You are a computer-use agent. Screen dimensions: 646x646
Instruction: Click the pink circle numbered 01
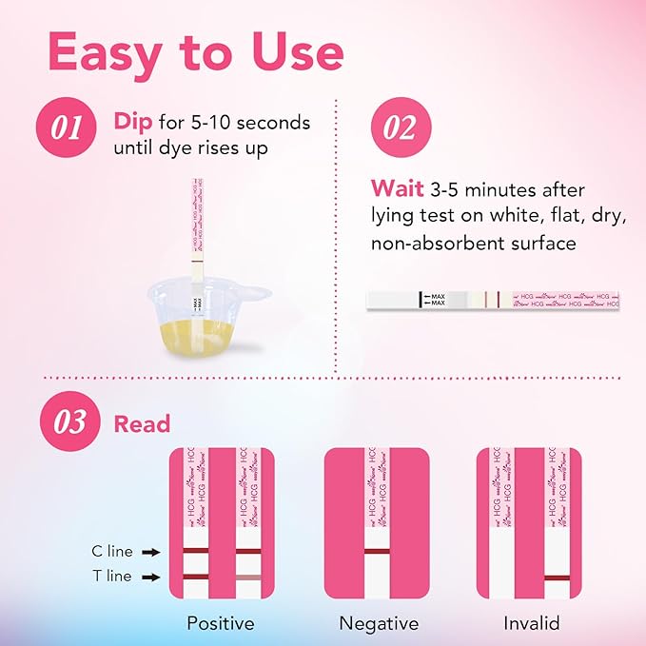point(68,128)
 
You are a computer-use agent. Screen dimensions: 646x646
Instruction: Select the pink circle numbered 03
point(68,422)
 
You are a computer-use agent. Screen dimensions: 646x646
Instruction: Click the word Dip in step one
point(134,123)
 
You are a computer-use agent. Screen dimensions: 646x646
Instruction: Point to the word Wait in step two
point(391,189)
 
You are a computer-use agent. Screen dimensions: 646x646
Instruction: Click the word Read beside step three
point(142,424)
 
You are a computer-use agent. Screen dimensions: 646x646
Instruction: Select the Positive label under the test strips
point(221,624)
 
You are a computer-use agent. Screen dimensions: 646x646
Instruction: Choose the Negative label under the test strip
point(379,624)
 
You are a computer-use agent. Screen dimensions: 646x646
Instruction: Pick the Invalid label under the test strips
point(531,624)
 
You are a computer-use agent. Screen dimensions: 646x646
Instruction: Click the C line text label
point(110,551)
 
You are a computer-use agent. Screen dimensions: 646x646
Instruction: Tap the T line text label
point(110,577)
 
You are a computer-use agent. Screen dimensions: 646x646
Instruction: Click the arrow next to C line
point(150,551)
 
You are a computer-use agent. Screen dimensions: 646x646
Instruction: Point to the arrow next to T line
point(150,577)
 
